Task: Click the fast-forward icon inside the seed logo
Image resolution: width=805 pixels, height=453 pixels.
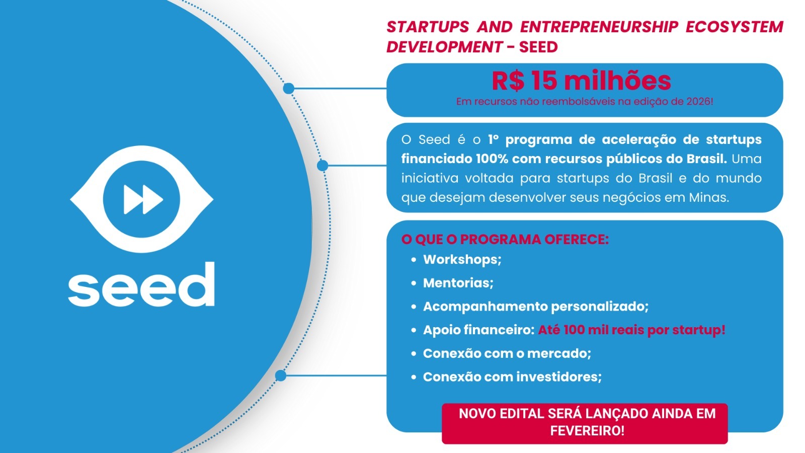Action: tap(143, 199)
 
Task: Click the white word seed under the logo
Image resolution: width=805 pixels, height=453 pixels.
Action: tap(141, 284)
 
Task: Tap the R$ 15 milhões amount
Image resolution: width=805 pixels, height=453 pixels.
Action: tap(581, 81)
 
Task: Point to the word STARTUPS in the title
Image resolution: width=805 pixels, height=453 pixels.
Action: tap(428, 27)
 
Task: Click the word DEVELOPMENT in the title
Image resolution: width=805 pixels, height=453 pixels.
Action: tap(444, 47)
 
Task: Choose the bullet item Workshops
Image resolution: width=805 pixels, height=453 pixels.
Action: tap(462, 260)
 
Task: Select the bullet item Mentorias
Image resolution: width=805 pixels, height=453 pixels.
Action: tap(458, 283)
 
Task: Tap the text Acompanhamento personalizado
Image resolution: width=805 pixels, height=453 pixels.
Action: tap(536, 307)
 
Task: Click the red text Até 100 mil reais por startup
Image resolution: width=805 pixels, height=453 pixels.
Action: tap(631, 330)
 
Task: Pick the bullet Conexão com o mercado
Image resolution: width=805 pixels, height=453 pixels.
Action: tap(507, 353)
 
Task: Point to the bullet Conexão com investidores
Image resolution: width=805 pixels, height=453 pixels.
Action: tap(512, 377)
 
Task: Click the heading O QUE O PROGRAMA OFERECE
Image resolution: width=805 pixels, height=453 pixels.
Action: tap(505, 240)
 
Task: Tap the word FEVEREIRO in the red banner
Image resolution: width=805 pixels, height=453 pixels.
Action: tap(587, 431)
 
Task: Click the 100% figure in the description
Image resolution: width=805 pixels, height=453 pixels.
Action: tap(492, 159)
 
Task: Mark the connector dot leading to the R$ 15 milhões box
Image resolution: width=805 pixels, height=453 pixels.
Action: tap(289, 89)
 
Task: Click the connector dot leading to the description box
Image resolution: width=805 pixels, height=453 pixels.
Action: tap(323, 166)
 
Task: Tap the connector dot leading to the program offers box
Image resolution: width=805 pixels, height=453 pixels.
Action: tap(281, 375)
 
